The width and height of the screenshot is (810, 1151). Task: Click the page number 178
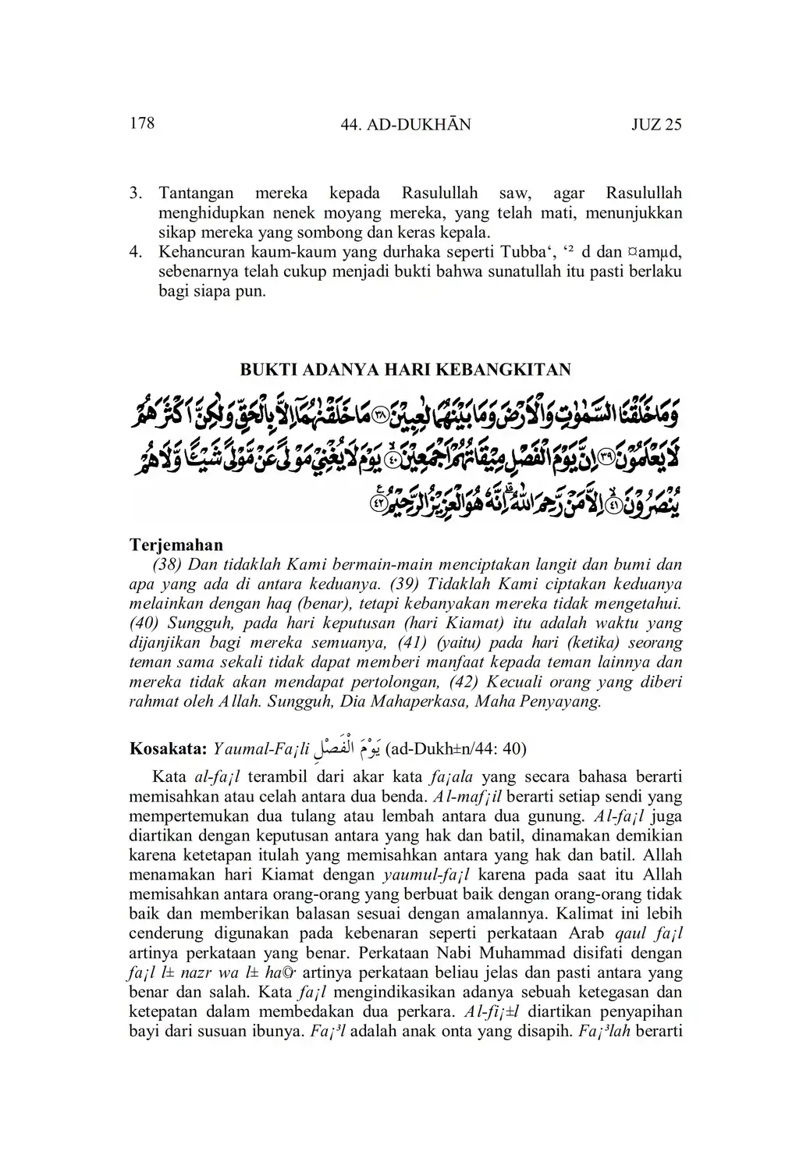142,123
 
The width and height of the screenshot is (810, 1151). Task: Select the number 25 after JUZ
673,125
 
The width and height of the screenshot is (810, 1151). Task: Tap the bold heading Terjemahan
176,545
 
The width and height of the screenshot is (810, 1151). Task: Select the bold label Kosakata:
167,749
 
